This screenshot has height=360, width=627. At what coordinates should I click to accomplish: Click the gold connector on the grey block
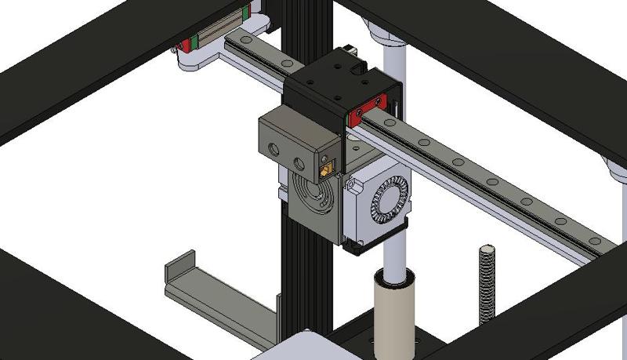click(325, 167)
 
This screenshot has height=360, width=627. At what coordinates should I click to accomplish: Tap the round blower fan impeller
click(389, 197)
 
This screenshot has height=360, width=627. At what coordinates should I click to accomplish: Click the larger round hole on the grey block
click(274, 147)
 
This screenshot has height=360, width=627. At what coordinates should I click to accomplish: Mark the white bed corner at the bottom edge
click(306, 345)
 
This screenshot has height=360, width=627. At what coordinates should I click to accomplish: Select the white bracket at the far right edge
click(615, 169)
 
